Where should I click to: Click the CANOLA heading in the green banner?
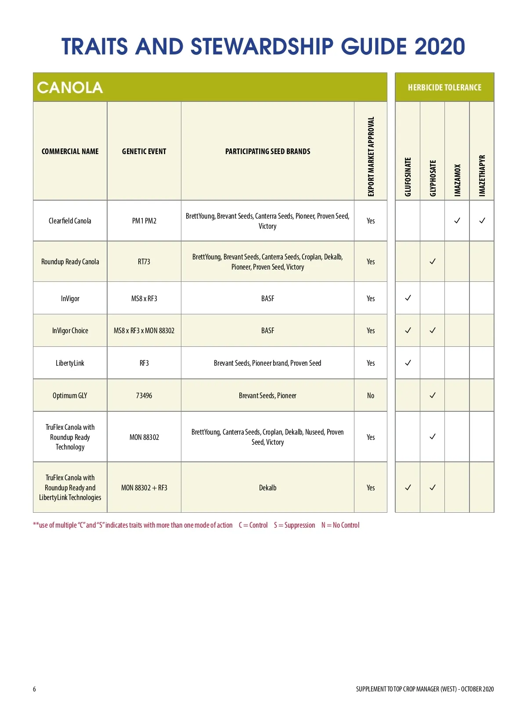click(x=70, y=87)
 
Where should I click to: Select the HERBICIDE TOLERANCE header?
click(x=444, y=87)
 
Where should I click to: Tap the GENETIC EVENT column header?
click(x=144, y=151)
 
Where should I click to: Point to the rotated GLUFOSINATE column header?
click(x=408, y=176)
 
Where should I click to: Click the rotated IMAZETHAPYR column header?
click(x=482, y=175)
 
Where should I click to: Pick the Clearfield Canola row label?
click(x=70, y=221)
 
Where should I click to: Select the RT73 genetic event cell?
click(x=144, y=262)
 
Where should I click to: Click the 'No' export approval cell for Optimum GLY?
click(x=371, y=396)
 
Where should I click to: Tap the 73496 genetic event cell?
click(x=144, y=396)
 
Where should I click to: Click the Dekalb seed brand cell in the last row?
click(x=267, y=488)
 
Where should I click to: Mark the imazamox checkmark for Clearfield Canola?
click(x=457, y=220)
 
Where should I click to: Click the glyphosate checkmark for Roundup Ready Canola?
click(x=433, y=261)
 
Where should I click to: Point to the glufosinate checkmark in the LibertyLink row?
click(x=408, y=363)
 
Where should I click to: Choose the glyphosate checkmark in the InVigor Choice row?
click(x=433, y=330)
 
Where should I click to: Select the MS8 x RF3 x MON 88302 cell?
click(x=144, y=331)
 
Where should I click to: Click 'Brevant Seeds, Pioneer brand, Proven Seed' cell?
click(x=267, y=363)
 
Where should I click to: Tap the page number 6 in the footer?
click(x=34, y=689)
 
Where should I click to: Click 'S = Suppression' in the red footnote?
click(x=294, y=525)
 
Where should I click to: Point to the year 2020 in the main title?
click(x=439, y=47)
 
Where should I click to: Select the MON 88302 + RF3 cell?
click(x=144, y=488)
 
